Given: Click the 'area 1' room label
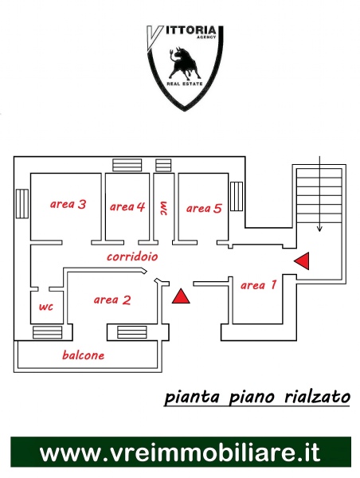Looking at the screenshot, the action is [259, 285].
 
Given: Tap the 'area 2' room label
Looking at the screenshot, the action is [112, 300].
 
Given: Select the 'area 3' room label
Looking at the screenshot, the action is [68, 204].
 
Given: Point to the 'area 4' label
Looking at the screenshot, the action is [127, 206].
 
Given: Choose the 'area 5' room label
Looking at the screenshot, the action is [204, 208].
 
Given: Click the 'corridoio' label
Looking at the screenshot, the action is [132, 257].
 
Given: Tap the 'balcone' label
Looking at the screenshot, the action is [83, 355].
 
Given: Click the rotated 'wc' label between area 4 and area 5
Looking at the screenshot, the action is [164, 208].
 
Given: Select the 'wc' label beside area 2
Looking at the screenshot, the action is [46, 307].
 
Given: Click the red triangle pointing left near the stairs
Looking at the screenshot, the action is [302, 261].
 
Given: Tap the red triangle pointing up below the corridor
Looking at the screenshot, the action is [181, 296].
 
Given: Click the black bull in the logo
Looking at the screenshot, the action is [184, 63].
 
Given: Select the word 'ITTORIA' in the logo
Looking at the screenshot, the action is [191, 30].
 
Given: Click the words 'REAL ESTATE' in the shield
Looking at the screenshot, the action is [185, 84].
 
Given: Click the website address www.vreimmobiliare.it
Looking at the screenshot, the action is [180, 453].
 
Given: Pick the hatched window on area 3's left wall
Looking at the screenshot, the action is [22, 204].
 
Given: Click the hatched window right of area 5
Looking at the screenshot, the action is [237, 196].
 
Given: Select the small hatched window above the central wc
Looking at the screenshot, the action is [163, 165].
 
